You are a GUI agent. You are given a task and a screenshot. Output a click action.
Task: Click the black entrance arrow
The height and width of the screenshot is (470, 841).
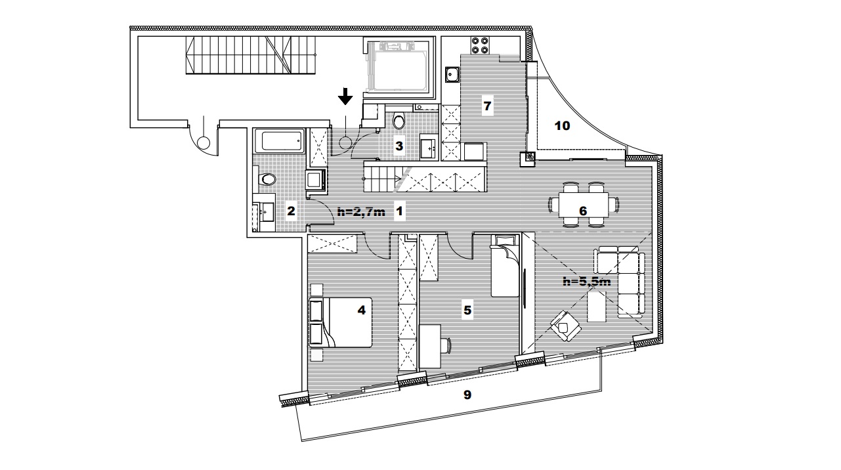[345, 96]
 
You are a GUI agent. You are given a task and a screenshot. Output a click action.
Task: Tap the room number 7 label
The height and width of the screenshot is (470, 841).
[487, 106]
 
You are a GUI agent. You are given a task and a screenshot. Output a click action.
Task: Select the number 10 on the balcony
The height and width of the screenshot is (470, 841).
[562, 126]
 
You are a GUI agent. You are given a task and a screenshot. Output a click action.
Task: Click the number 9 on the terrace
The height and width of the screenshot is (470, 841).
[467, 395]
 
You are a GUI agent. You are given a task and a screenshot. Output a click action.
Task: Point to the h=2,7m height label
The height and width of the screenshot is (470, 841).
[361, 212]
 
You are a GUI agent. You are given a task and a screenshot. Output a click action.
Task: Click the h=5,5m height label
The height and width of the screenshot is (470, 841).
[587, 282]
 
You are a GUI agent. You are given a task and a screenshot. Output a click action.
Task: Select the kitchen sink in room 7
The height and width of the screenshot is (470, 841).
[452, 74]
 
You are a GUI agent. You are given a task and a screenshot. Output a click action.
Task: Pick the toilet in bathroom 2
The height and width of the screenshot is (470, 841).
[266, 179]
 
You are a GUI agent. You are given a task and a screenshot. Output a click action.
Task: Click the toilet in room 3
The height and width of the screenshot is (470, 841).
[399, 120]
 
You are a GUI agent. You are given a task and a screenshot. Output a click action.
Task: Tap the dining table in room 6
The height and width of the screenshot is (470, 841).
[583, 205]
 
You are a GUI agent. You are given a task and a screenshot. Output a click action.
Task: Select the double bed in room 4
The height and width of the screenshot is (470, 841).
[341, 322]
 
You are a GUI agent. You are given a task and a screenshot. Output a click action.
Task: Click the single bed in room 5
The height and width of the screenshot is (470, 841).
[505, 266]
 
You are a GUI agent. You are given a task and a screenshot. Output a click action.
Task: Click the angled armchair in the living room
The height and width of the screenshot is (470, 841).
[566, 326]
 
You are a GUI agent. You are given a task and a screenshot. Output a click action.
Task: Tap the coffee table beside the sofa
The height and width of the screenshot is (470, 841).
[597, 307]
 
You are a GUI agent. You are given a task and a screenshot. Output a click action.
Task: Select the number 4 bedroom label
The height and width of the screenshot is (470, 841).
[361, 310]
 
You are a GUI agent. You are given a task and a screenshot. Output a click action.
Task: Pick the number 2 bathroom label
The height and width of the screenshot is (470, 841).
[291, 211]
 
